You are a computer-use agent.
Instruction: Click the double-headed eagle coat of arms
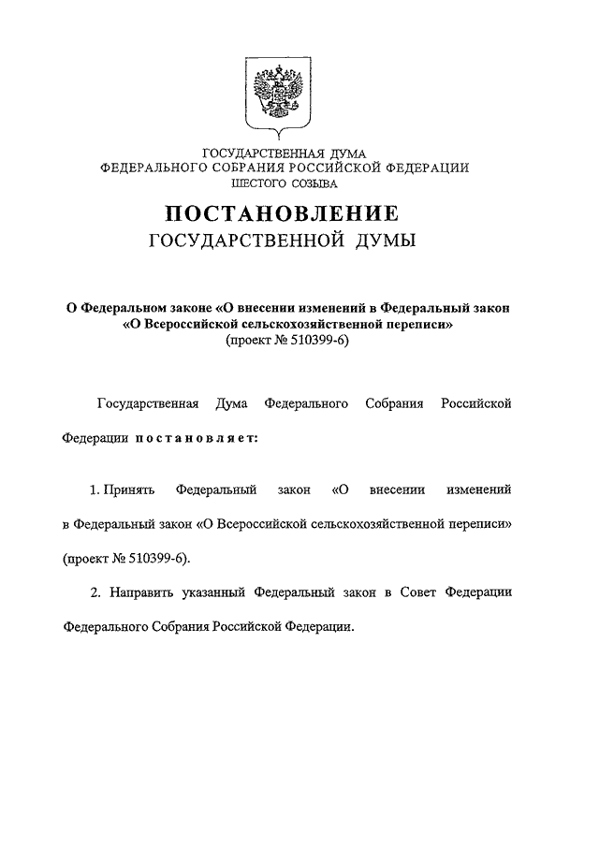[x=284, y=93]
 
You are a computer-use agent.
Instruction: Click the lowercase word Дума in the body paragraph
[x=231, y=403]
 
